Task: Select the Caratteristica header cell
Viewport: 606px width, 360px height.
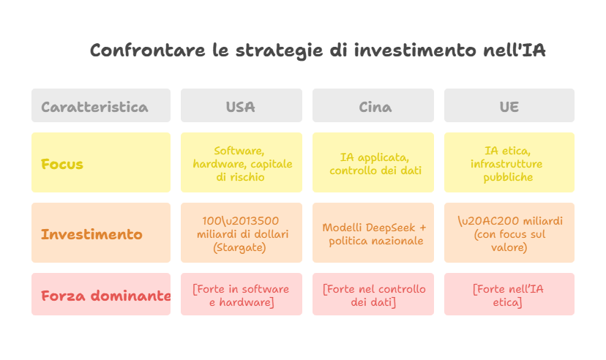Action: pyautogui.click(x=101, y=106)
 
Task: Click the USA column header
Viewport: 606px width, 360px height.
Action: pyautogui.click(x=241, y=106)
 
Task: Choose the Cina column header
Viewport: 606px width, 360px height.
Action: pyautogui.click(x=374, y=106)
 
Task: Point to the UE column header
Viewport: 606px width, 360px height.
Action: pyautogui.click(x=509, y=106)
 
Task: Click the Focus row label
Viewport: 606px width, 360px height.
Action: pyautogui.click(x=101, y=163)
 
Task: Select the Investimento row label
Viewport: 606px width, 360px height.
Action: pyautogui.click(x=101, y=234)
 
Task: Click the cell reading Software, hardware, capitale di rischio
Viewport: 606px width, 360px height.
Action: pyautogui.click(x=241, y=163)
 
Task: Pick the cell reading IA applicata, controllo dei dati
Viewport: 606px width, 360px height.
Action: pyautogui.click(x=374, y=163)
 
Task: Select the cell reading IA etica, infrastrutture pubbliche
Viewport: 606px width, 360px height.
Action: pyautogui.click(x=509, y=163)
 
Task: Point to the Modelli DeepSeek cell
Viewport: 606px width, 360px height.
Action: pyautogui.click(x=374, y=234)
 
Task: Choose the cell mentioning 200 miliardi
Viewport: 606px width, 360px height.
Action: pyautogui.click(x=509, y=234)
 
